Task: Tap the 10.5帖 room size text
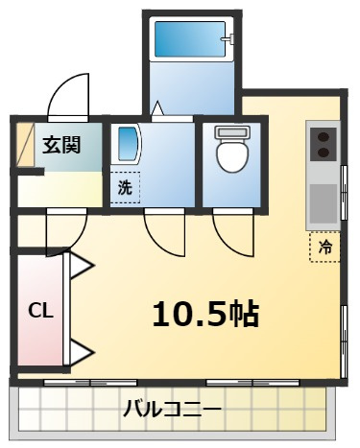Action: coord(205,312)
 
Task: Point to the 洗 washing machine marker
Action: coord(125,187)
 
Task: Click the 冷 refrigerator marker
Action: coord(325,247)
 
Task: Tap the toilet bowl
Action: coord(230,155)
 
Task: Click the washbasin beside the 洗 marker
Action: coord(127,146)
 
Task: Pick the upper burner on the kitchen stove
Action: coord(324,135)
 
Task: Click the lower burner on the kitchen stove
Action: coord(324,152)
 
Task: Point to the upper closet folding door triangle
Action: coord(80,266)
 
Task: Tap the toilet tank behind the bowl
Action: coord(230,131)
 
